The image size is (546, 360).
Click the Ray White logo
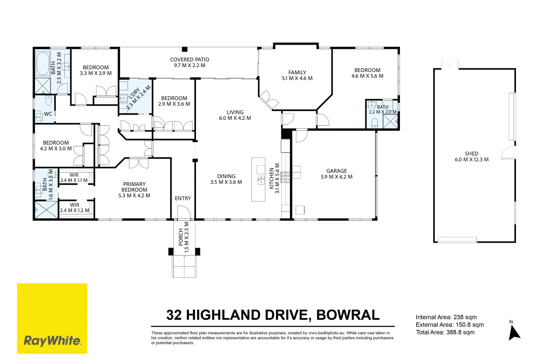click(52, 318)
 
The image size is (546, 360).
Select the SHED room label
click(472, 154)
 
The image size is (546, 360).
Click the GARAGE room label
click(337, 171)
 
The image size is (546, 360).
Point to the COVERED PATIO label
click(190, 59)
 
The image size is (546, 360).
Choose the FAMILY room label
click(297, 72)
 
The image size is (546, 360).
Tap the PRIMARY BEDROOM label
click(134, 187)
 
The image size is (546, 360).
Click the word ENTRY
click(183, 198)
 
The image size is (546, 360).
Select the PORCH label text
click(181, 237)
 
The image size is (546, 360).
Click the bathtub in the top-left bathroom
click(43, 63)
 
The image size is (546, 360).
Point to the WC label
click(48, 114)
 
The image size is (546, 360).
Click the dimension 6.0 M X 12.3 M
click(472, 159)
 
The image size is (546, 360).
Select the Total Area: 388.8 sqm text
click(445, 332)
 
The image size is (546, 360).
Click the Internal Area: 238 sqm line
click(446, 317)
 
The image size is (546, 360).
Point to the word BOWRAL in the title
click(348, 315)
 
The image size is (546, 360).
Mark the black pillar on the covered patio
click(185, 49)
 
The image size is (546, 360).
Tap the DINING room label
click(226, 176)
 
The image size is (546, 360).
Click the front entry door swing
click(184, 212)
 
